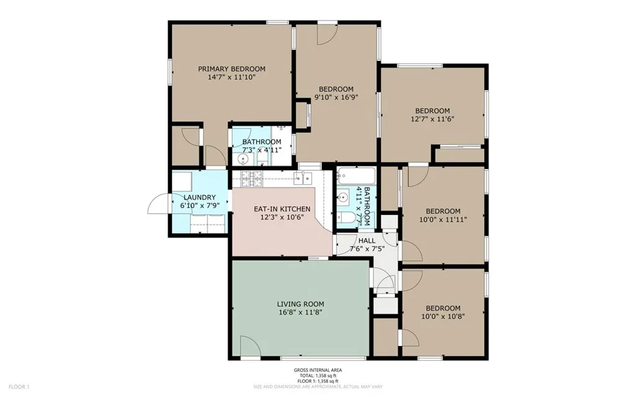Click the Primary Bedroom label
(231, 69)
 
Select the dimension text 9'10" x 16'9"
(336, 97)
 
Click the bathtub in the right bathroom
(356, 176)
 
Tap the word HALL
(366, 240)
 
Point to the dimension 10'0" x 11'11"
(444, 219)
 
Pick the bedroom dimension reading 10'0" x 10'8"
(443, 316)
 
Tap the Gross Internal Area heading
(318, 370)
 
